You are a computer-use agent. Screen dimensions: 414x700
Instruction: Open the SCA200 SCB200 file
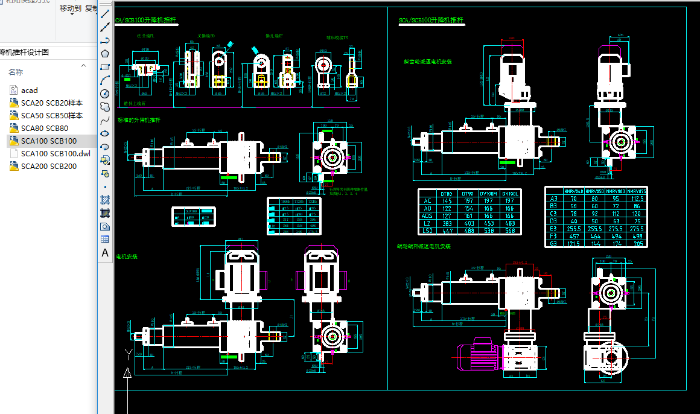click(48, 166)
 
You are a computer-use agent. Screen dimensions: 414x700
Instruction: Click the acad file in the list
click(29, 91)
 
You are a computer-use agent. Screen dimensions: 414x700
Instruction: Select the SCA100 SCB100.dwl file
click(55, 153)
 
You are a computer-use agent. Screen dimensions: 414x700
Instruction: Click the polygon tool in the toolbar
click(105, 54)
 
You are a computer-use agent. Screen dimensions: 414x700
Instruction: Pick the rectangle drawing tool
click(105, 67)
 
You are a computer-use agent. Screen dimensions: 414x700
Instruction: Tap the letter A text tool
click(105, 253)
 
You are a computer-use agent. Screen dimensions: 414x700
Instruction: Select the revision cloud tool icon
click(105, 107)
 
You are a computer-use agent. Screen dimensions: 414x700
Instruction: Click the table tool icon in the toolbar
click(105, 240)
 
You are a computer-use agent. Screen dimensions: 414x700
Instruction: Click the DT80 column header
click(447, 193)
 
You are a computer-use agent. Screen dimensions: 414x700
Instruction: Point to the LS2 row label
click(428, 231)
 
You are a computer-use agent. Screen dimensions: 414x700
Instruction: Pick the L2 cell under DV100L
click(510, 223)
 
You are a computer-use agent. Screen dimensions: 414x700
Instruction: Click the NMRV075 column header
click(636, 191)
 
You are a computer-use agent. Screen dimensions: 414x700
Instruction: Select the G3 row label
click(553, 243)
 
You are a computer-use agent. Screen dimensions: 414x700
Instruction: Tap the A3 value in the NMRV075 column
click(636, 199)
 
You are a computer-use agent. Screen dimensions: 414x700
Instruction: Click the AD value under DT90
click(467, 208)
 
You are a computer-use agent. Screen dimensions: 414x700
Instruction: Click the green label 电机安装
click(127, 256)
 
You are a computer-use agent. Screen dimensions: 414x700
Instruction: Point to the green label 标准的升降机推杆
click(138, 120)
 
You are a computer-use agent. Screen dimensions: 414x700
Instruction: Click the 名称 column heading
click(15, 72)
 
